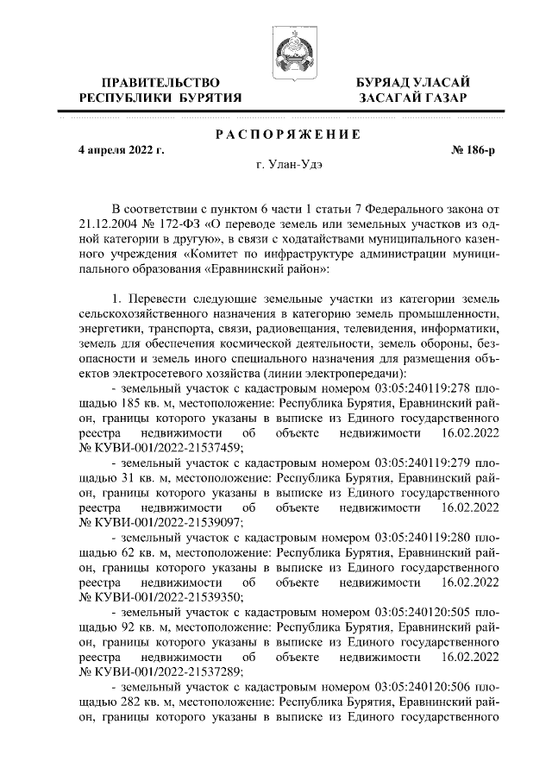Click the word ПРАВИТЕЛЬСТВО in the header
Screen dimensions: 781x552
[161, 82]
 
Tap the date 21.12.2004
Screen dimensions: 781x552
[107, 224]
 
